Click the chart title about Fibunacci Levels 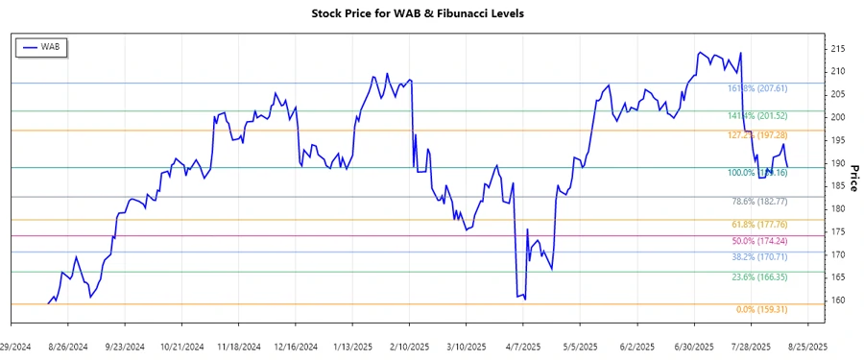431,14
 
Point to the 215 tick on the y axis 838,49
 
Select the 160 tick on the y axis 838,300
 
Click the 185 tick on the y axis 838,186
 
